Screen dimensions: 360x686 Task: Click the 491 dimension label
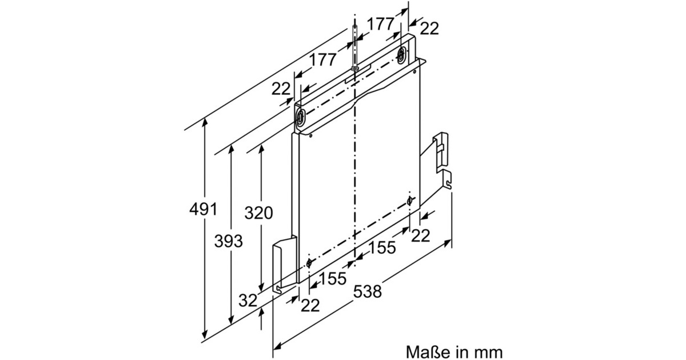[x=203, y=209]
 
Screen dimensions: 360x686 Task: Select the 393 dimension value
[x=229, y=241]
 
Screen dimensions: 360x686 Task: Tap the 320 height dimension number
[x=258, y=213]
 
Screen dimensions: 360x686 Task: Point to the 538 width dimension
[x=366, y=291]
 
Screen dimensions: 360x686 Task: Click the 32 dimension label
[x=248, y=301]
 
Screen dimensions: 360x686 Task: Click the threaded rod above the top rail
[x=355, y=46]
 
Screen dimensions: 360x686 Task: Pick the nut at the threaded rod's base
[x=355, y=69]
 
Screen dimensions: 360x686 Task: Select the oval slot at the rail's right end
[x=402, y=54]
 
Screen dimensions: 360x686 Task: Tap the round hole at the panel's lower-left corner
[x=309, y=263]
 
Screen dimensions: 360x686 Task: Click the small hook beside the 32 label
[x=278, y=290]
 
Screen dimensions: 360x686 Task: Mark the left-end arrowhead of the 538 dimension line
[x=277, y=346]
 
